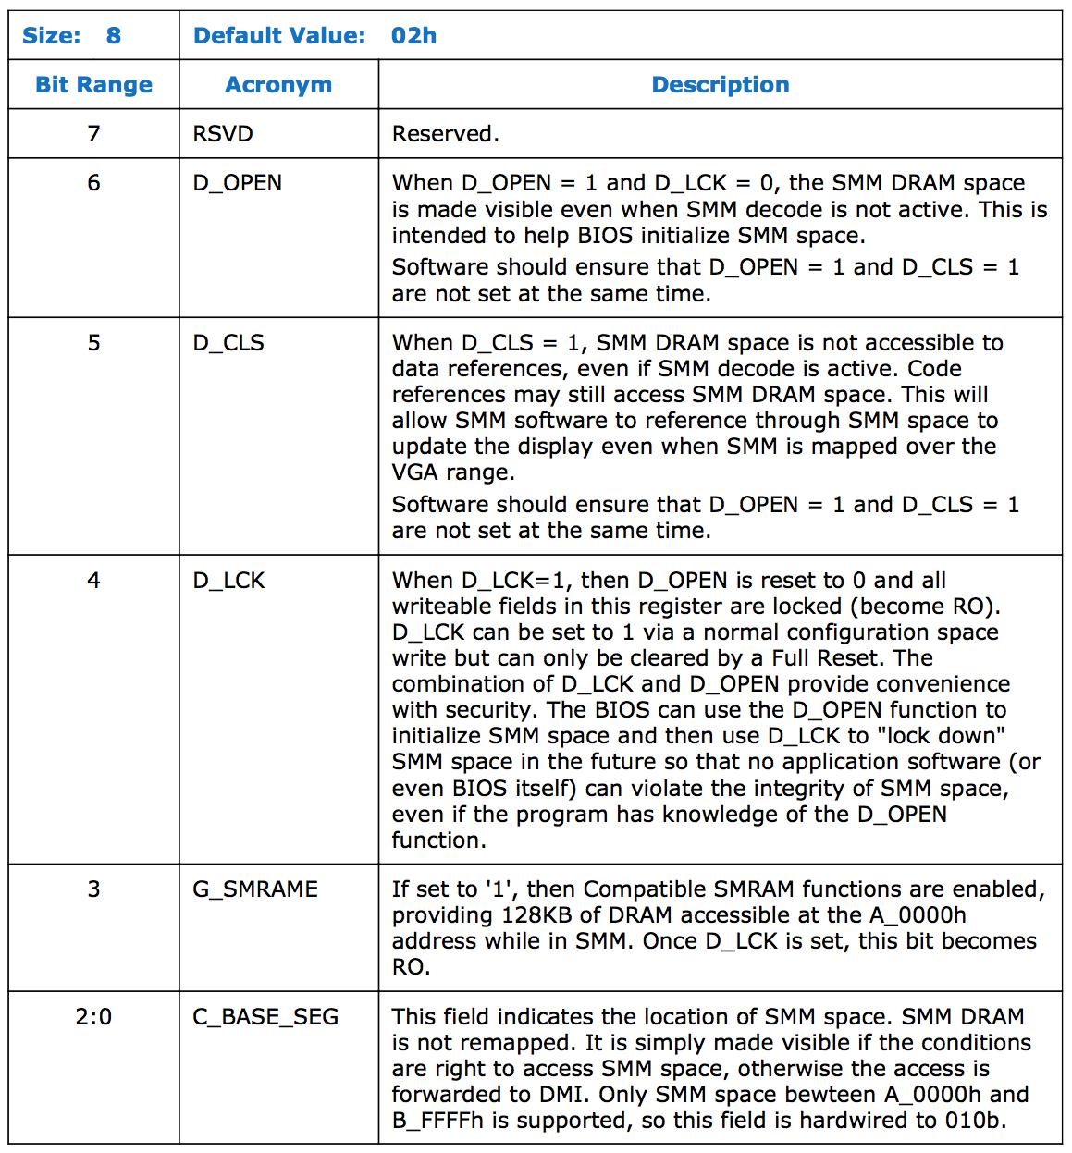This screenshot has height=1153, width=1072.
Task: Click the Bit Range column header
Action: [93, 85]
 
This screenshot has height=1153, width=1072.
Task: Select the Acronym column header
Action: [278, 85]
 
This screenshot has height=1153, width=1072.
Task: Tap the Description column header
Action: [721, 85]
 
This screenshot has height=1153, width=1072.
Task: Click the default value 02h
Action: [413, 36]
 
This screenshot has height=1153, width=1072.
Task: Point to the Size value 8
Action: [113, 36]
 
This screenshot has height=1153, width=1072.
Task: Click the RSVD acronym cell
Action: [223, 134]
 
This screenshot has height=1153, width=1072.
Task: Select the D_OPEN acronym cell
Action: [238, 183]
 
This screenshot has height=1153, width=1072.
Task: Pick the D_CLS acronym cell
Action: [228, 343]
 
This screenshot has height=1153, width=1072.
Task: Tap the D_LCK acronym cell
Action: [228, 581]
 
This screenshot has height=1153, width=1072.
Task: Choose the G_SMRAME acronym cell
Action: [255, 889]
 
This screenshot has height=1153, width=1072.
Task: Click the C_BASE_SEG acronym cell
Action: [265, 1017]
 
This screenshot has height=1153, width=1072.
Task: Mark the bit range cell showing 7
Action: [93, 134]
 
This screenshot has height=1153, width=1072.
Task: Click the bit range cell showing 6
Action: [93, 183]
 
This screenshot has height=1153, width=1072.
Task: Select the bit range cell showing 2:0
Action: [93, 1017]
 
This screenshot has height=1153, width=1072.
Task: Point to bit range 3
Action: [93, 889]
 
